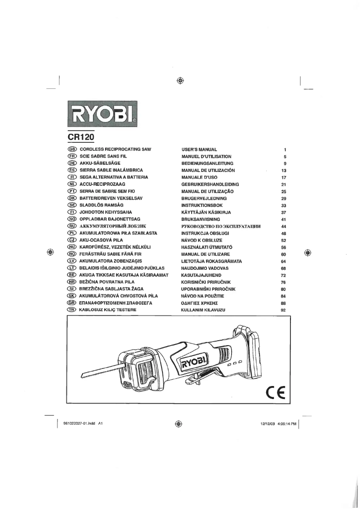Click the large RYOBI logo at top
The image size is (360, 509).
tap(103, 114)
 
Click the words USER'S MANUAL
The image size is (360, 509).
tap(199, 149)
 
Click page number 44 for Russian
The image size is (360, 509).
tap(283, 227)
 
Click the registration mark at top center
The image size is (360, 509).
tap(180, 81)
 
